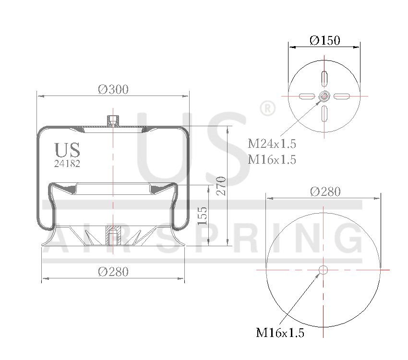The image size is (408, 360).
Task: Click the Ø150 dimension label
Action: pos(324,40)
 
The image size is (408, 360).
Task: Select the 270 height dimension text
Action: pos(221,186)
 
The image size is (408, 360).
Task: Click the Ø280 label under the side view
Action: pos(113,272)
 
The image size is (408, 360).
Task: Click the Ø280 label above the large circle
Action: pos(325,192)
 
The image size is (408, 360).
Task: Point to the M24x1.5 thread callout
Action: pos(272,144)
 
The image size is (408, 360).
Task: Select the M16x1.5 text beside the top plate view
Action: pos(272,160)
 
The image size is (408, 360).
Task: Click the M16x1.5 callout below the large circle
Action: pos(280,333)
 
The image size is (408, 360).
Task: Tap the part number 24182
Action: pos(67,163)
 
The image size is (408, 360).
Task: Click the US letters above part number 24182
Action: pos(67,150)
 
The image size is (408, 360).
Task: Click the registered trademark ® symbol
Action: pos(267,108)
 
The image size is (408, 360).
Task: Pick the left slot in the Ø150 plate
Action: pos(307,96)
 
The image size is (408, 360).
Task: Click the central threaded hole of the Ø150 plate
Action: pos(324,96)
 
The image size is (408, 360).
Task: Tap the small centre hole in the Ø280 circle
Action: pos(324,270)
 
